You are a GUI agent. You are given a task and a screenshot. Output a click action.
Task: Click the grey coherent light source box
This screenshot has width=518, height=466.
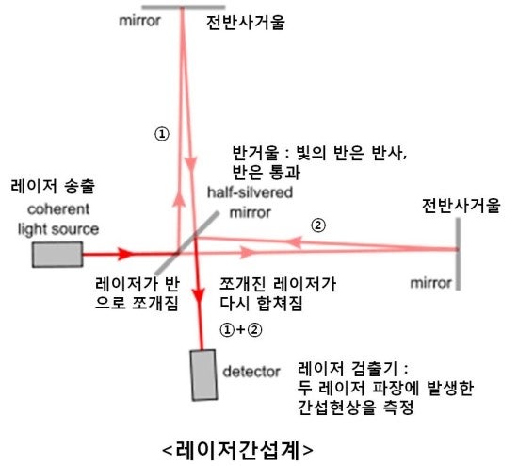[x=57, y=255]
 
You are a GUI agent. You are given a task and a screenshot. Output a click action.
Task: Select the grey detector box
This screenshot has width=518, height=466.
[x=203, y=375]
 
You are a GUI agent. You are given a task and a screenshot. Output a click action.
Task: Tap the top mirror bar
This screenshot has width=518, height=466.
[x=184, y=8]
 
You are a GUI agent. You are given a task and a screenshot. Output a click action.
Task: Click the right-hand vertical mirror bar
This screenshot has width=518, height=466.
[x=459, y=254]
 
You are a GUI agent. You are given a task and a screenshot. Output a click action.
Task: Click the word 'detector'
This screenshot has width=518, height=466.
[x=251, y=372]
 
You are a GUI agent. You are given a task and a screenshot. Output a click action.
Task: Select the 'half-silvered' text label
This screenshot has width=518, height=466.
[x=251, y=192]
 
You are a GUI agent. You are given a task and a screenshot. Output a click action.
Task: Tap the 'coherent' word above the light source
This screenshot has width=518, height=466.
[x=58, y=209]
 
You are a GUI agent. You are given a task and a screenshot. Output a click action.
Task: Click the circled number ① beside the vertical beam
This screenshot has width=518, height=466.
[x=162, y=134]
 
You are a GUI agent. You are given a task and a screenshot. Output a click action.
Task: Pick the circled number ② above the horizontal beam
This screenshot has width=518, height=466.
[x=318, y=225]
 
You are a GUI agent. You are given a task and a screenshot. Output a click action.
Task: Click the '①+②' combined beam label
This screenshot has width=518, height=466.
[x=241, y=329]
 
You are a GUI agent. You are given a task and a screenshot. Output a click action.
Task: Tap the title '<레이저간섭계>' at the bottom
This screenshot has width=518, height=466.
[x=238, y=450]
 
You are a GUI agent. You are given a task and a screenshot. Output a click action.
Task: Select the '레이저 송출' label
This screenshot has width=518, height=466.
[x=53, y=186]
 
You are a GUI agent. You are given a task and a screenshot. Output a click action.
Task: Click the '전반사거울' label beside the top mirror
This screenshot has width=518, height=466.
[x=246, y=23]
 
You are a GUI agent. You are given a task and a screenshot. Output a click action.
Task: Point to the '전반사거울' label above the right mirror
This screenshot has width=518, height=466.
[x=461, y=206]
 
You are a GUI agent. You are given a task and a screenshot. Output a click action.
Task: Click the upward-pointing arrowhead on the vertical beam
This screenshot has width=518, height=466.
[x=179, y=199]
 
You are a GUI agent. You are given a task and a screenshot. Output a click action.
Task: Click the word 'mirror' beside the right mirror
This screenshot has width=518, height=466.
[x=430, y=283]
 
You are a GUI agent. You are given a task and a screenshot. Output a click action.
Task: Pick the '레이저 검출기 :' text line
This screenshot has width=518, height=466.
[x=353, y=368]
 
